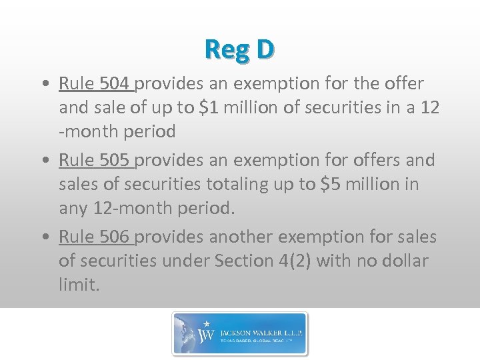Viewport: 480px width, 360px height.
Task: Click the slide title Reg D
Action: pos(239,49)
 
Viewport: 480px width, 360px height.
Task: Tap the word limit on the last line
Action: pos(78,285)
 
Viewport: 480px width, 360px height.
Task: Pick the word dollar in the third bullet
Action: pos(402,261)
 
